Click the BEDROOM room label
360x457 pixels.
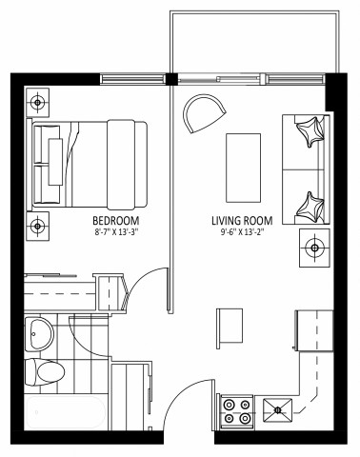(117, 221)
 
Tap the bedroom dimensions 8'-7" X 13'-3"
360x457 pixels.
(117, 231)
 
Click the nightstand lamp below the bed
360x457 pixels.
(37, 226)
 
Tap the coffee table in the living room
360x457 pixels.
(243, 162)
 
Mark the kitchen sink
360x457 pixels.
(278, 410)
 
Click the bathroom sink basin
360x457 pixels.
(41, 333)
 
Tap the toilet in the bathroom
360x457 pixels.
(44, 370)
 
